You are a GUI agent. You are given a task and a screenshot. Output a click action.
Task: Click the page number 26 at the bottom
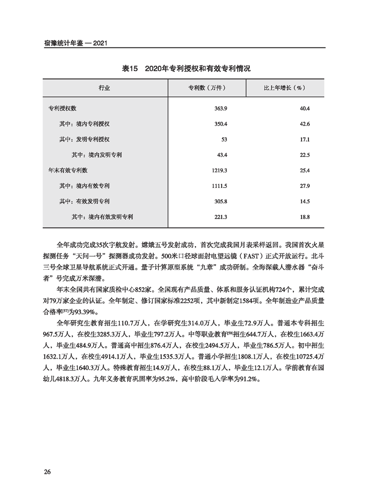(x=47, y=473)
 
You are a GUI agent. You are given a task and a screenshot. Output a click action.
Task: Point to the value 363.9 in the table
(x=221, y=108)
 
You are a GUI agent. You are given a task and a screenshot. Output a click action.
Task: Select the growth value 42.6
(x=305, y=124)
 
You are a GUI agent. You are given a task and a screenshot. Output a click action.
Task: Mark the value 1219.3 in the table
(x=218, y=170)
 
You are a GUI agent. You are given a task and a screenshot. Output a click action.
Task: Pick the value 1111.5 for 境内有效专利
(x=218, y=186)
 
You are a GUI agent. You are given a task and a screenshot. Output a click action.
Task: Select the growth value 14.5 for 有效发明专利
(x=305, y=201)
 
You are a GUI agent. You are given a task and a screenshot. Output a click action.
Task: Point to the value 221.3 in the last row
(x=219, y=216)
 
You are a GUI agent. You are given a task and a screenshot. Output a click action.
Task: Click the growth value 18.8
(x=305, y=216)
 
